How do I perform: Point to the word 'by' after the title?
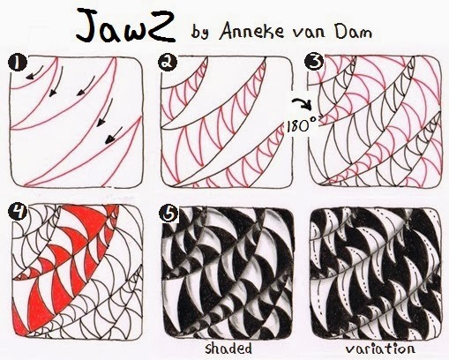coord(200,31)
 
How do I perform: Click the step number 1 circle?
coord(14,62)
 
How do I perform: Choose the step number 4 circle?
coord(14,211)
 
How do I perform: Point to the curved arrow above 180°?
coord(297,104)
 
